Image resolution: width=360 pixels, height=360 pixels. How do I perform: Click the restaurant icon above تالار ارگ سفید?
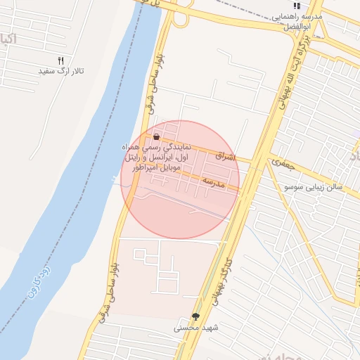[60, 61]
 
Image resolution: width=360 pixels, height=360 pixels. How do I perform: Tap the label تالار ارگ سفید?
[60, 72]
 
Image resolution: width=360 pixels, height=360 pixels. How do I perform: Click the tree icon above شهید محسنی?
[195, 316]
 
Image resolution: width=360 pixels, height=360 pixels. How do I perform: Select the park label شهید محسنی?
[197, 328]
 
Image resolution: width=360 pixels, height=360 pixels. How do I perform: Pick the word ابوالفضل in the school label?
[297, 26]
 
